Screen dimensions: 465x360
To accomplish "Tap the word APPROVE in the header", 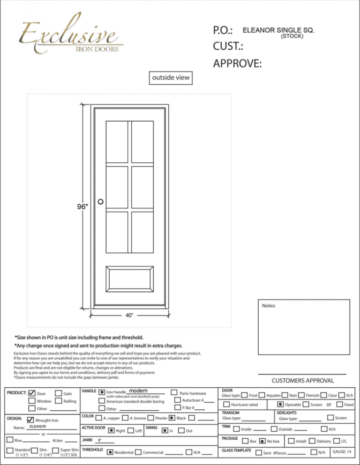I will point(237,64).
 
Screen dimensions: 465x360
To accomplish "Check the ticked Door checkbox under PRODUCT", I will point(32,393).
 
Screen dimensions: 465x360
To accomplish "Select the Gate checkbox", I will point(59,393).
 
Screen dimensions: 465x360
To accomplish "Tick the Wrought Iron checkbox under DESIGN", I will point(31,420).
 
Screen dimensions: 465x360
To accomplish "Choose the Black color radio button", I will point(172,418).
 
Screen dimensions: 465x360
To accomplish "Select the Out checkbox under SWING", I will point(182,430).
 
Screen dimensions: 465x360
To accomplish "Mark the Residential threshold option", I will point(109,452).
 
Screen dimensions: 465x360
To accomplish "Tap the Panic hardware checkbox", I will point(174,392).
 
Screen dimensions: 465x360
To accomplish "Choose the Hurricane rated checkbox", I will point(226,404).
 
